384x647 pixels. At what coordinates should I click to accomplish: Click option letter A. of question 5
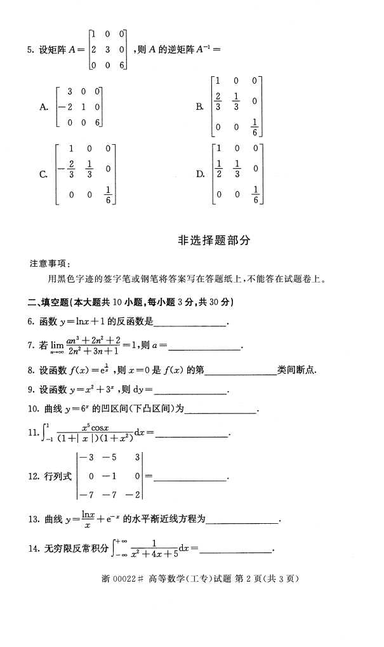pyautogui.click(x=44, y=107)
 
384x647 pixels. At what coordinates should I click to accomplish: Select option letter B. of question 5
pyautogui.click(x=200, y=107)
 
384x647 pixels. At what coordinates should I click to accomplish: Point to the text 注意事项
pyautogui.click(x=50, y=263)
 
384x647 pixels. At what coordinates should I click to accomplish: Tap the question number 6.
pyautogui.click(x=31, y=322)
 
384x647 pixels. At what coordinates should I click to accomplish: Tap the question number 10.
pyautogui.click(x=33, y=410)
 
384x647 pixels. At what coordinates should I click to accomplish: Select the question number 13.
pyautogui.click(x=33, y=519)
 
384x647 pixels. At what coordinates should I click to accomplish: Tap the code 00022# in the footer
pyautogui.click(x=129, y=578)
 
